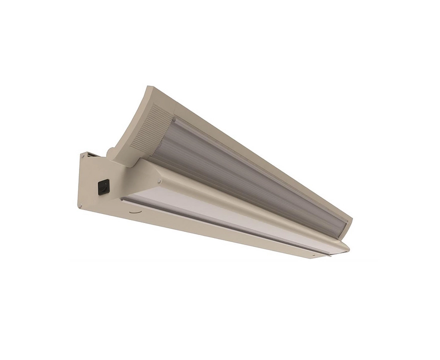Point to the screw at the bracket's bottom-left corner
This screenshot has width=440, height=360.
pyautogui.click(x=81, y=204)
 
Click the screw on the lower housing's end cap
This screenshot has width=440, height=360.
pyautogui.click(x=313, y=254)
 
